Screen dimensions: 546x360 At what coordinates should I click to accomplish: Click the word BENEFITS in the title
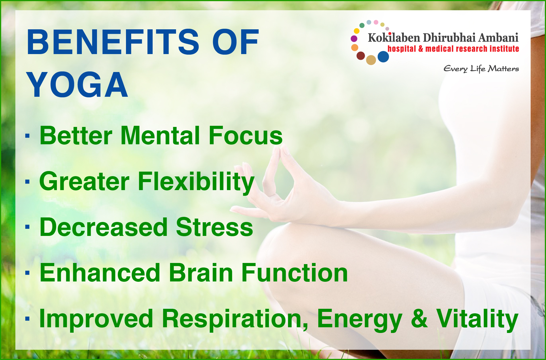113,42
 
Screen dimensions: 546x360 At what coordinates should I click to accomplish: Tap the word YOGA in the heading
77,85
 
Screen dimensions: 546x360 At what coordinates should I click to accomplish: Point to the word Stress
214,227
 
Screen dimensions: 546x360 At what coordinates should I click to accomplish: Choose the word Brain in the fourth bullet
201,273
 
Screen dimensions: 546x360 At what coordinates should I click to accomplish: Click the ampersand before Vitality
419,318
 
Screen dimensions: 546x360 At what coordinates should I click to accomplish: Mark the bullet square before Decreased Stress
27,227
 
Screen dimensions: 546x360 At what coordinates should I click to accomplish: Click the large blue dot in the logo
383,57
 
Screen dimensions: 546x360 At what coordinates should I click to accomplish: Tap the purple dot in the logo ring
354,38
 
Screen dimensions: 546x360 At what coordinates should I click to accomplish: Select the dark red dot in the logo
361,55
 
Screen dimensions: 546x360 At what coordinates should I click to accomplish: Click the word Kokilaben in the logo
394,38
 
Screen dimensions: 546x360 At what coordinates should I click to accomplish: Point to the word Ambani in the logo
498,38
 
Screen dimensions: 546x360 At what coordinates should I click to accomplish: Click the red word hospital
402,49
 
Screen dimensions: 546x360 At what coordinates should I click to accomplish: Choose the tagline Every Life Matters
481,69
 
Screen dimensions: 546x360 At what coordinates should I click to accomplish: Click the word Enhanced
100,273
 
